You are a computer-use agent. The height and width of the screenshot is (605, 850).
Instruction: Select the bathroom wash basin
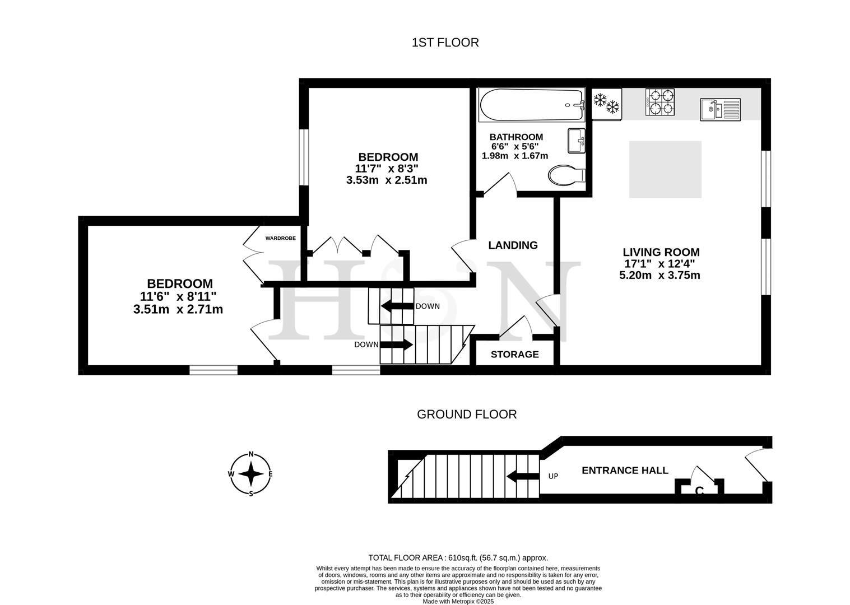576,140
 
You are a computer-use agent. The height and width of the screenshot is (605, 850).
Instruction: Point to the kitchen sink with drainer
720,109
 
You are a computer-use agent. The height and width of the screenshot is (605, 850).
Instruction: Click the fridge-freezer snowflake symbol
606,104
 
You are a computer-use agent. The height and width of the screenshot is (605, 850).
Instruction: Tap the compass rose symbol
251,474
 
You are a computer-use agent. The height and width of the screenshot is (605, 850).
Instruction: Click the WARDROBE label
280,238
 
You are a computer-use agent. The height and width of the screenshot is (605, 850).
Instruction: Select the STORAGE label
514,355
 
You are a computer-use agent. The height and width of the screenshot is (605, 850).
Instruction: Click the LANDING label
513,245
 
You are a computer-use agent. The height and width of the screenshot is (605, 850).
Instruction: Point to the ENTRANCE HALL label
625,471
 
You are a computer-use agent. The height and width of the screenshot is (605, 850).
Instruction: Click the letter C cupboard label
699,491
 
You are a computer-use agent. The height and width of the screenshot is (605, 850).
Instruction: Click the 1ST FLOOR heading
445,43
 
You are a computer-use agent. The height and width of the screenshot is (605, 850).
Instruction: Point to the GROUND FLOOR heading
467,415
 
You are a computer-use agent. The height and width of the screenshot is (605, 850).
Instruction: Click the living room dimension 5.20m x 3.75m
659,276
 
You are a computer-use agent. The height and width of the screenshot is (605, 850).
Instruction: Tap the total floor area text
458,558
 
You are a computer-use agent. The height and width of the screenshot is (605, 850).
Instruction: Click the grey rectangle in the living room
665,169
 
